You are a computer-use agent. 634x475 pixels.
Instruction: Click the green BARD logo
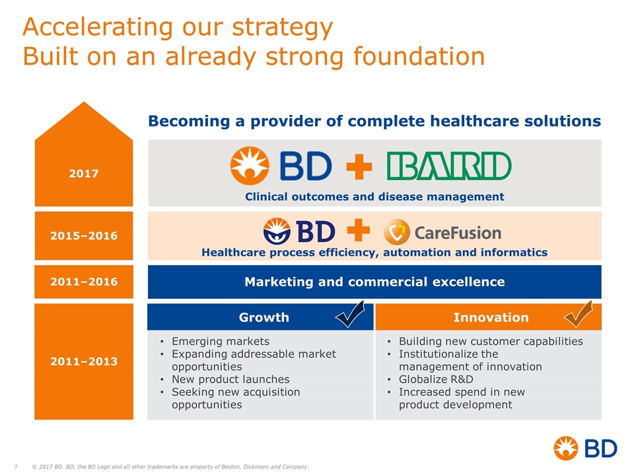pyautogui.click(x=449, y=166)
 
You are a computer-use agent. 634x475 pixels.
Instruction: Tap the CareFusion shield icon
pyautogui.click(x=396, y=232)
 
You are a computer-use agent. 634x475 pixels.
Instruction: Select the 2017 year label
pyautogui.click(x=84, y=174)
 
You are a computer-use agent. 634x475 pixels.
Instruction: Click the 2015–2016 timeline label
pyautogui.click(x=84, y=236)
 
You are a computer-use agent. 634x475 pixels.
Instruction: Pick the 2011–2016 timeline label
pyautogui.click(x=84, y=282)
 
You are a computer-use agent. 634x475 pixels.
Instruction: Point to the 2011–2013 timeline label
pyautogui.click(x=84, y=361)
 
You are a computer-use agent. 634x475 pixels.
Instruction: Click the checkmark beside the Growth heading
pyautogui.click(x=350, y=314)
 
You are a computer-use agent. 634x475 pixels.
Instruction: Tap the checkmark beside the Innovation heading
pyautogui.click(x=579, y=314)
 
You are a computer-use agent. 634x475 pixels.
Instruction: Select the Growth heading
pyautogui.click(x=264, y=317)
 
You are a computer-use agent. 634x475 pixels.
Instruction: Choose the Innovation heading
pyautogui.click(x=491, y=317)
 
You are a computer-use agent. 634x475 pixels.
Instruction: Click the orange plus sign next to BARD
pyautogui.click(x=359, y=166)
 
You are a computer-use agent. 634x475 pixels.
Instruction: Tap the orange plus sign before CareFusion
pyautogui.click(x=358, y=230)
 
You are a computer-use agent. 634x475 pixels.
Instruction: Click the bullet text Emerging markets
pyautogui.click(x=221, y=341)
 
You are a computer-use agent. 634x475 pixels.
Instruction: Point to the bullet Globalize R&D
pyautogui.click(x=436, y=379)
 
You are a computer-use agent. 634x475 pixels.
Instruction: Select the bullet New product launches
pyautogui.click(x=230, y=379)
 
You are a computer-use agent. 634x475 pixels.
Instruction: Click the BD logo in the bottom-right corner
pyautogui.click(x=585, y=449)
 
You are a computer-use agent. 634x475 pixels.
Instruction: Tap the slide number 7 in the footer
pyautogui.click(x=16, y=467)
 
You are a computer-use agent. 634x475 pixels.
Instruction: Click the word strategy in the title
pyautogui.click(x=282, y=28)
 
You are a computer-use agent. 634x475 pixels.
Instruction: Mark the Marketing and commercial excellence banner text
pyautogui.click(x=374, y=282)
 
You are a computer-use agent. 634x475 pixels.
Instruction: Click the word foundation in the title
pyautogui.click(x=419, y=56)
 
